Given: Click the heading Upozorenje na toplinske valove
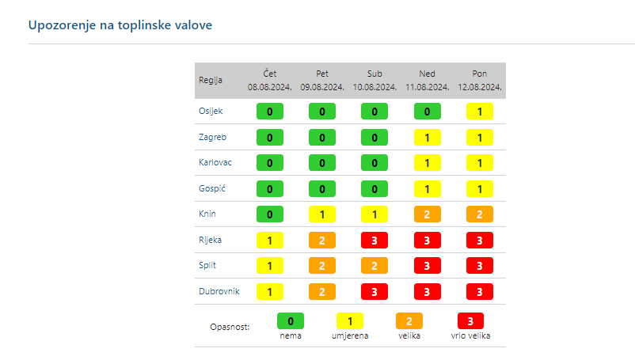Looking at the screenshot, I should tap(120, 25).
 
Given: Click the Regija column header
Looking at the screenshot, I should tap(210, 80).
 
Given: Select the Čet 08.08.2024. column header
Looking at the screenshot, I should tap(270, 80).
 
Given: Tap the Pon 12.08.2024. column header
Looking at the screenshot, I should tap(480, 80).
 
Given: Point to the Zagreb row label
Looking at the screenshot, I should tap(212, 137).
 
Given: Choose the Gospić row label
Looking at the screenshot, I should tap(212, 188).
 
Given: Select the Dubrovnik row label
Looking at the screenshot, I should tap(218, 291).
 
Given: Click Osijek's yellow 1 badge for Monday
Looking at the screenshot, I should tap(480, 112).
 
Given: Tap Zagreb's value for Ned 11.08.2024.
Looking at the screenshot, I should tap(428, 138).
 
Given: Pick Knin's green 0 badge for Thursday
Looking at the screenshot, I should tap(270, 214).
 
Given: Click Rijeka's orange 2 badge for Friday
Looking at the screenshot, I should tap(322, 240).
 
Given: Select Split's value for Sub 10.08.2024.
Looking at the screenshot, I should tap(375, 266).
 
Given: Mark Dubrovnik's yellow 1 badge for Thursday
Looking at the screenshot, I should tap(270, 291).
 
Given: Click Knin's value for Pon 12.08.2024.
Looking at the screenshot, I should tap(480, 214).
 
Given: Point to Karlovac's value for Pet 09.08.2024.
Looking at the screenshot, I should tap(322, 163).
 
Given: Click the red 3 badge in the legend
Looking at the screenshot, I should tap(471, 321).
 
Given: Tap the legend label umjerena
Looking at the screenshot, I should tap(350, 336).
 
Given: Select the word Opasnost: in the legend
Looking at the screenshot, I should tap(230, 327).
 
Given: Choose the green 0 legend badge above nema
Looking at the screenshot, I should tap(291, 321).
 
